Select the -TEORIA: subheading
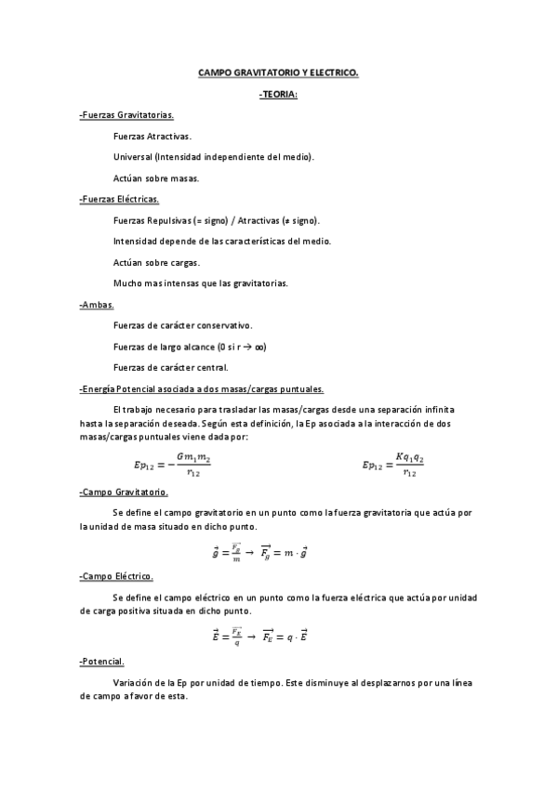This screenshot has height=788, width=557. tap(278, 94)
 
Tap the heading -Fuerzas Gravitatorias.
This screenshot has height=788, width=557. tap(127, 115)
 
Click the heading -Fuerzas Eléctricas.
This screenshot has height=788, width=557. tap(120, 199)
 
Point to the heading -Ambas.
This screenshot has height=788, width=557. tap(97, 304)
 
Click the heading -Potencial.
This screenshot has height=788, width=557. tap(102, 662)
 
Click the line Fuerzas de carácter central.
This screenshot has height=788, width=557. tap(169, 367)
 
